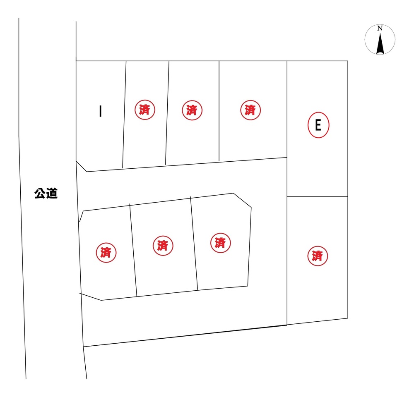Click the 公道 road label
pos(46,194)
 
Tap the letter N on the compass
pos(380,28)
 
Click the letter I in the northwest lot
pos(100,111)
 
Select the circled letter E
pos(318,125)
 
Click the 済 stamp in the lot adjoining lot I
pos(144,110)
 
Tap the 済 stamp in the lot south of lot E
pos(318,256)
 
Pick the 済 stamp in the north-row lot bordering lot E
pos(250,110)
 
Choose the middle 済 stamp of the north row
pos(192,110)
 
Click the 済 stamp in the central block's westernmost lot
pos(106,253)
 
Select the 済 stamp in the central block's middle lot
pos(163,246)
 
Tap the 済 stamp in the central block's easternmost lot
pos(221,243)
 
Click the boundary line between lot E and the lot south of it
pos(318,196)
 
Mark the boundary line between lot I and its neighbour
pos(124,115)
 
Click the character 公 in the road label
pos(40,194)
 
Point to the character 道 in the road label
pos(52,194)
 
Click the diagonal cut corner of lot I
pos(81,166)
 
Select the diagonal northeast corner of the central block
pos(242,200)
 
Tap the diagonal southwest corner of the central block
pos(90,297)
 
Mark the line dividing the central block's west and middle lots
pos(133,250)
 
